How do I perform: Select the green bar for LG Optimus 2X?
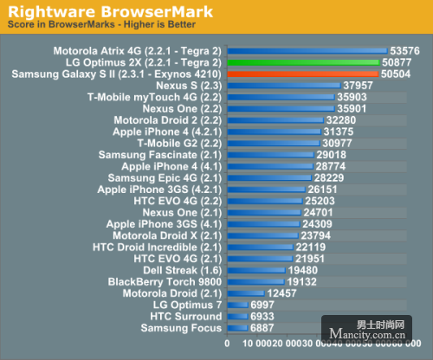[x=303, y=63]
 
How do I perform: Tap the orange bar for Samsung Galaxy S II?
[x=302, y=74]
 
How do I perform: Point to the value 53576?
[x=404, y=51]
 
